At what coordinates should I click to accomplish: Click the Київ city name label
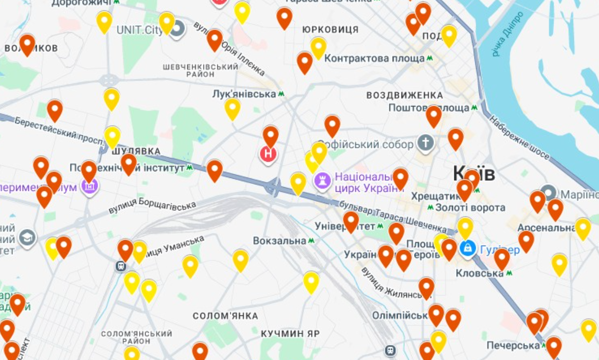pos(474,174)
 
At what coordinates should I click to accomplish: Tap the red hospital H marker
pos(268,153)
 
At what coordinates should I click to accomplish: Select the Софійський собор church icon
pos(425,144)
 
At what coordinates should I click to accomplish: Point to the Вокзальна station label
pos(280,241)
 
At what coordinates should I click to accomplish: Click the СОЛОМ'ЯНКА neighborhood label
pos(225,316)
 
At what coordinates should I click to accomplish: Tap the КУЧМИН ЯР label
pos(290,334)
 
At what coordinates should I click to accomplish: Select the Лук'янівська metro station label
pos(244,94)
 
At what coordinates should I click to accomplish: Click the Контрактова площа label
pos(374,58)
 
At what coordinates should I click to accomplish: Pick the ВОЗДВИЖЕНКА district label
pos(405,95)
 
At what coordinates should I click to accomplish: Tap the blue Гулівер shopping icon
pos(468,248)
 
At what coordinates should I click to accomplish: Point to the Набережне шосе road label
pos(519,137)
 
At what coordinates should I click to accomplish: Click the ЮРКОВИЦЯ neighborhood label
pos(330,30)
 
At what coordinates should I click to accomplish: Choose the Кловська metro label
pos(479,273)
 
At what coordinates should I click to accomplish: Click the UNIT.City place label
pos(140,30)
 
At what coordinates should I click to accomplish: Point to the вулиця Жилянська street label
pos(390,283)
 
